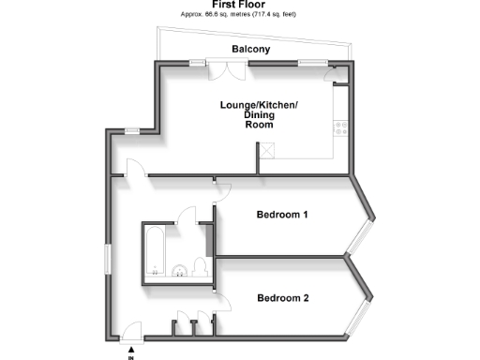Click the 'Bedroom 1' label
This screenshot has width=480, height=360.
point(282,215)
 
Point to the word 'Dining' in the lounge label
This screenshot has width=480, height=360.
point(259,114)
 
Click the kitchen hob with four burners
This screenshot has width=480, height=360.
point(341,130)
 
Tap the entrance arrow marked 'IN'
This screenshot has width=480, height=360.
point(131,352)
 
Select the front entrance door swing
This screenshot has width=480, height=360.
point(132,330)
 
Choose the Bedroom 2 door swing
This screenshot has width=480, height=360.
point(223,303)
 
